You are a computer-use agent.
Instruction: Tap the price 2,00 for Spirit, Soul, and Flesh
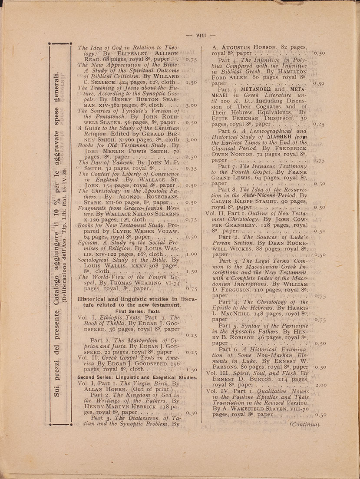pyautogui.click(x=320, y=385)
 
